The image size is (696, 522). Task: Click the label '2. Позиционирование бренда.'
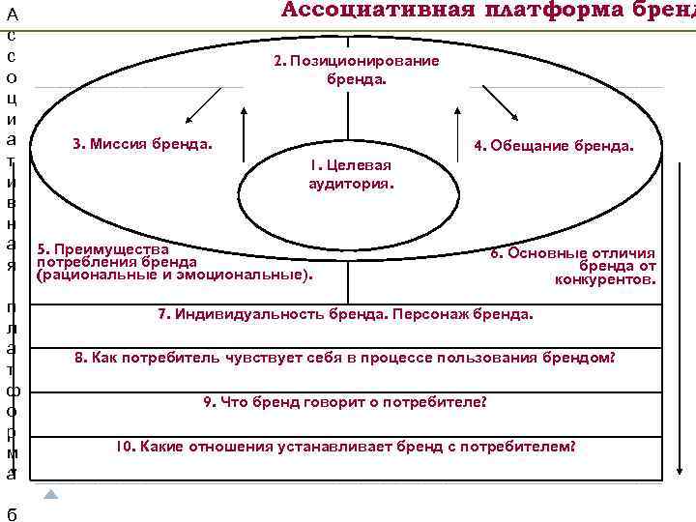point(356,69)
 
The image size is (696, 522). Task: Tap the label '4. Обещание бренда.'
point(554,147)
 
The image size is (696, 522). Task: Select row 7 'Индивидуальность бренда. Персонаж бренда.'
point(344,314)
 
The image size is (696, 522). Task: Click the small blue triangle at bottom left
point(51,494)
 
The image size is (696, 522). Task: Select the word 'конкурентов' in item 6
point(606,280)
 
